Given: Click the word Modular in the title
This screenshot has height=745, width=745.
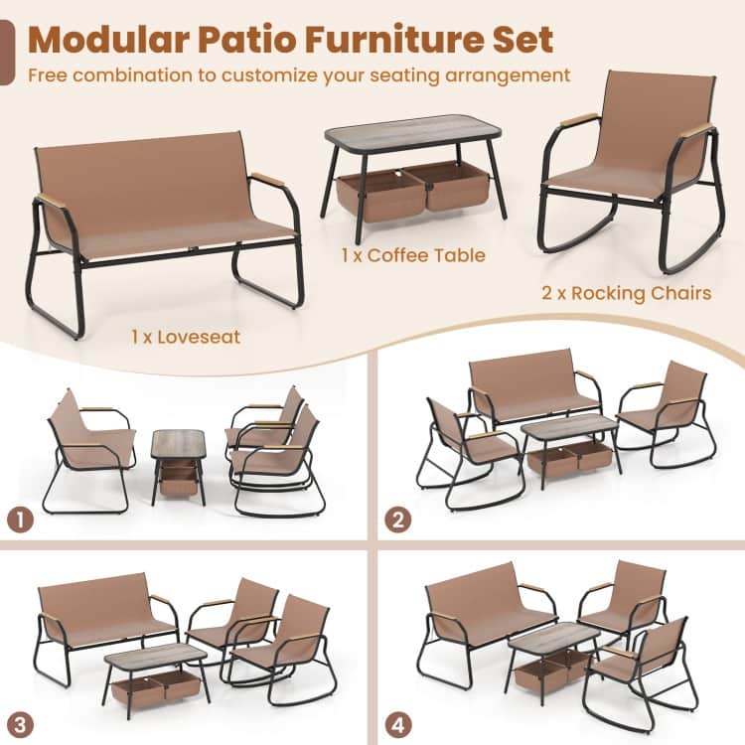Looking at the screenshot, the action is tap(109, 40).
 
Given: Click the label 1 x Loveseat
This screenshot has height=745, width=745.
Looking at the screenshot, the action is tap(186, 337).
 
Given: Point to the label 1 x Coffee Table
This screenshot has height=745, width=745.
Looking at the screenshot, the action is tap(413, 255).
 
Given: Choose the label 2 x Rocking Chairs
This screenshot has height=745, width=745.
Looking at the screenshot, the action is tap(627, 293).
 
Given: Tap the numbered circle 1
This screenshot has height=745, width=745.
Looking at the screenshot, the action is tap(21, 520).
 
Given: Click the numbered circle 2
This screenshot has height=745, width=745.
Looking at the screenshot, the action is tap(398, 520).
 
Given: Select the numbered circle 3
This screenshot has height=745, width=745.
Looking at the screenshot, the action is tap(21, 725).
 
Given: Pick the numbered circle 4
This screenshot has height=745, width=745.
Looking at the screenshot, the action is tap(398, 725).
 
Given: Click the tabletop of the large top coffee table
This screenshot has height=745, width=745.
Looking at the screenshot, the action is tap(413, 128).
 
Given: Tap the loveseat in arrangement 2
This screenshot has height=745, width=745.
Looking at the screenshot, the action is tap(536, 387).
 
